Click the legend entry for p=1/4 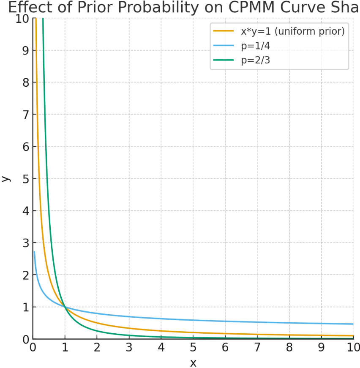(x=256, y=45)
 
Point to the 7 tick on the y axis (x=26, y=114)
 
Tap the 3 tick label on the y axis (x=26, y=243)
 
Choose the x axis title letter (x=193, y=363)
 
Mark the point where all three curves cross (x=65, y=307)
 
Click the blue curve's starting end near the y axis (x=34, y=252)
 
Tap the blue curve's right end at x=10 (x=352, y=324)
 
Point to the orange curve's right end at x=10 (x=352, y=336)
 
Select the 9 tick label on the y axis (x=26, y=50)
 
